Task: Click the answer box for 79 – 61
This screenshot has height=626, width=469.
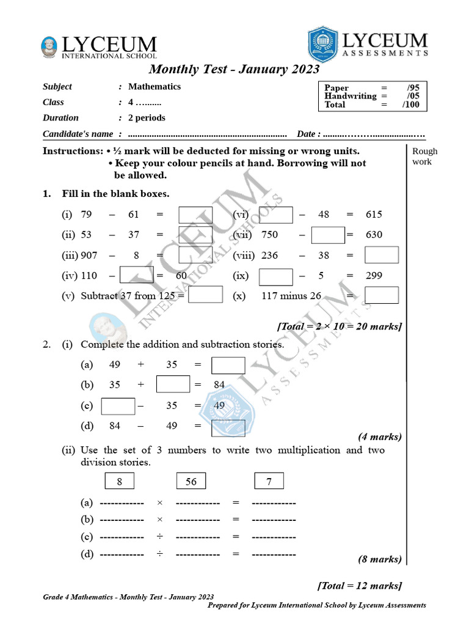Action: [195, 215]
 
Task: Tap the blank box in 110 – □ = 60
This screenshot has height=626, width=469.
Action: [137, 275]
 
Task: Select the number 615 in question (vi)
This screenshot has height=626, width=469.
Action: [374, 215]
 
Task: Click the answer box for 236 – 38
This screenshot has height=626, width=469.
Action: [382, 256]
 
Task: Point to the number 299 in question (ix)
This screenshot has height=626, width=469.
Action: [374, 276]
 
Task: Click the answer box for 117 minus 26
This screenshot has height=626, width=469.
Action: [382, 296]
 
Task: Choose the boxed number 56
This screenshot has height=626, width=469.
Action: [191, 482]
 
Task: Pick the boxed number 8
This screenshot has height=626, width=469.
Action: [120, 482]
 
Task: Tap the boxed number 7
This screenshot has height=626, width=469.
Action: [269, 482]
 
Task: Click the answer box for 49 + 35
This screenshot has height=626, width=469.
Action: [228, 365]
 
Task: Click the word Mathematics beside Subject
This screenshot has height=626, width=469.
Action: [155, 87]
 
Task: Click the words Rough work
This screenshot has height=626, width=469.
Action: [424, 156]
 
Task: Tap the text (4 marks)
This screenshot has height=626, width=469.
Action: [379, 436]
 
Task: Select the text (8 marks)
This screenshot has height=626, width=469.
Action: [379, 559]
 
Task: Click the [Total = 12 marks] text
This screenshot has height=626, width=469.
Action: [360, 586]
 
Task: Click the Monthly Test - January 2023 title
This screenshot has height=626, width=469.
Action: [234, 70]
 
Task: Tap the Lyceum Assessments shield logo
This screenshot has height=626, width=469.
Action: [322, 45]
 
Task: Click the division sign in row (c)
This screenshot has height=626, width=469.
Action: [159, 537]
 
